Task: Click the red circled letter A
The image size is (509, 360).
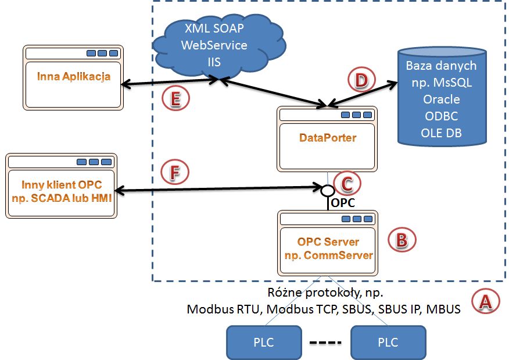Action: pyautogui.click(x=485, y=301)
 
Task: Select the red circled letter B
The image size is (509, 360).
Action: pyautogui.click(x=402, y=240)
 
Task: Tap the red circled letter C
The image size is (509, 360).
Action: pyautogui.click(x=347, y=184)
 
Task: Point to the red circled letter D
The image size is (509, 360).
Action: pyautogui.click(x=361, y=80)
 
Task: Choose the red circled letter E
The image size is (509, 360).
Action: pyautogui.click(x=175, y=98)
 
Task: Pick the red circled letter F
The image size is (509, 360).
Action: pyautogui.click(x=175, y=172)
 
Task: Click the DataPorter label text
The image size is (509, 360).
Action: pyautogui.click(x=328, y=138)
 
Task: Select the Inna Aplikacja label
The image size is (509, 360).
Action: pyautogui.click(x=74, y=77)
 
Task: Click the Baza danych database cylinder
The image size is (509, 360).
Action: pyautogui.click(x=442, y=96)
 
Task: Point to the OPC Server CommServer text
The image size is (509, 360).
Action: pyautogui.click(x=328, y=248)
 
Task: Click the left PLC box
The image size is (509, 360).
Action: pyautogui.click(x=264, y=343)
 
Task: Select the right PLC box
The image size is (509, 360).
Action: pyautogui.click(x=388, y=343)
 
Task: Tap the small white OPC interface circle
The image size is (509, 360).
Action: pyautogui.click(x=328, y=190)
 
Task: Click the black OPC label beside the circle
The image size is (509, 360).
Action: pyautogui.click(x=343, y=203)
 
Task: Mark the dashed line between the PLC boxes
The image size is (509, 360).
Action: pyautogui.click(x=325, y=343)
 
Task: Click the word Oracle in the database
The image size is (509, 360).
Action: pyautogui.click(x=442, y=99)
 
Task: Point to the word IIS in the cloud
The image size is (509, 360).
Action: pyautogui.click(x=214, y=62)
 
